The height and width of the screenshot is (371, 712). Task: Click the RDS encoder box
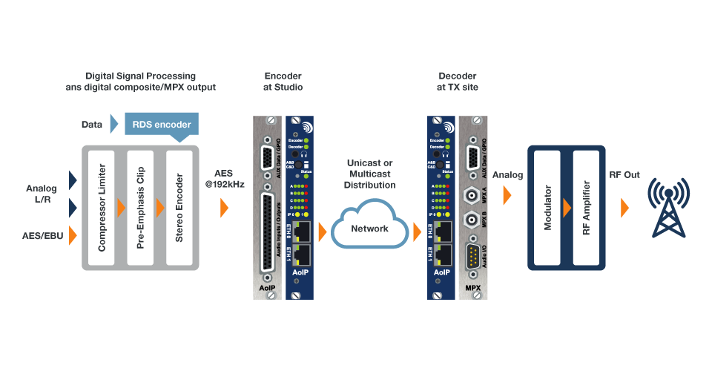pos(161,125)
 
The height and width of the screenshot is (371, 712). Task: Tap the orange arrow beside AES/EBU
pos(73,236)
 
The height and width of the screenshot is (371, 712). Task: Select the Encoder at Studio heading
pos(283,82)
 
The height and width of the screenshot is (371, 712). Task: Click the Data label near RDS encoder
pos(92,125)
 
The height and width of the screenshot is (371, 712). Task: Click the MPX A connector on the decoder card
pos(469,195)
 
